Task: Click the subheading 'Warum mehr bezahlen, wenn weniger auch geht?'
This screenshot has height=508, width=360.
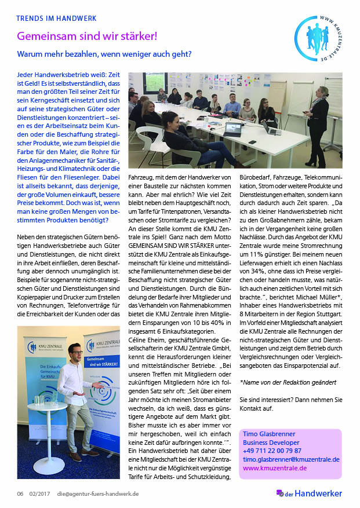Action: [104, 56]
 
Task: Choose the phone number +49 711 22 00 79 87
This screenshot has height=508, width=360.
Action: [272, 450]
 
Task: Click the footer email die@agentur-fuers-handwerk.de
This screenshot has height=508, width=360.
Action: [97, 494]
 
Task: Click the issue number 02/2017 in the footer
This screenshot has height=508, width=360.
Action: [40, 494]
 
